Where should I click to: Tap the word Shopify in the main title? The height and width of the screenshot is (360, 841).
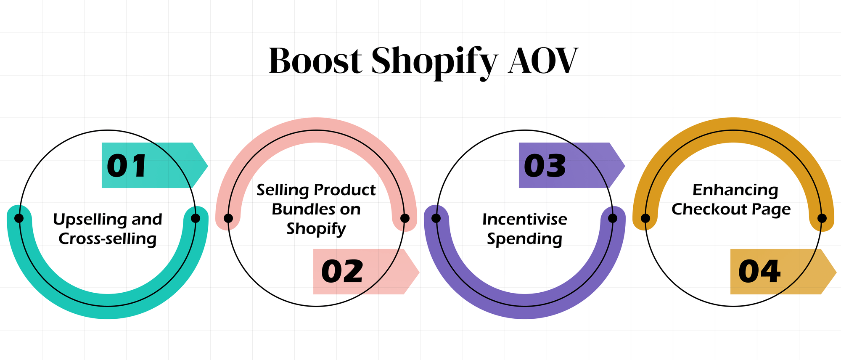point(434,62)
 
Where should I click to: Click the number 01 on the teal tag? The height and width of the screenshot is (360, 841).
point(127,166)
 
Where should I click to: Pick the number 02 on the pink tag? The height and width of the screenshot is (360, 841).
point(342,272)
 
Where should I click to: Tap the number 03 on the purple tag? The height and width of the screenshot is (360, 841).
point(545,166)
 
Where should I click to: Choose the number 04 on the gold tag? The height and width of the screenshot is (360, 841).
point(759,272)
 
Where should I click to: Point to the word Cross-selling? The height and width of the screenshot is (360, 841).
point(108,239)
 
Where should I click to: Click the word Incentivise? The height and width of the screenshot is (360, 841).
point(525,220)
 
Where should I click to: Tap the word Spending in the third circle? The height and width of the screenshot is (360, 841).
point(525,239)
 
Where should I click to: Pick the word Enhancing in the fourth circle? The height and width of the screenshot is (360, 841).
point(735,190)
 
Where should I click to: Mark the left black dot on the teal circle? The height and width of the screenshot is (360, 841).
point(19,218)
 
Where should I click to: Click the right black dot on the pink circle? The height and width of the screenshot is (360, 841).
point(405,218)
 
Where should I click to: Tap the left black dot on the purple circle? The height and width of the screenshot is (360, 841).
point(436,218)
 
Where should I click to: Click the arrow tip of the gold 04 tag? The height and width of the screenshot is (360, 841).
point(835,272)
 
